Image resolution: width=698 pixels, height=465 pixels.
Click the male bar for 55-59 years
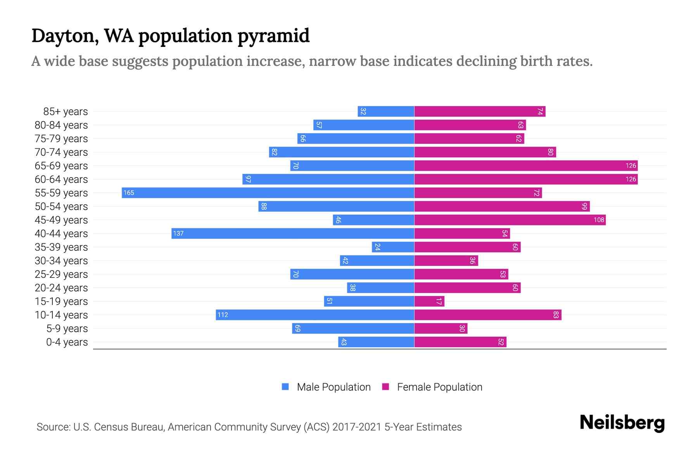coord(268,193)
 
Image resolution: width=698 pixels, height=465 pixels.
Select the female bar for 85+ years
coord(480,111)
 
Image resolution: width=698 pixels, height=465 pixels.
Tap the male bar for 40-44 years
coord(293,233)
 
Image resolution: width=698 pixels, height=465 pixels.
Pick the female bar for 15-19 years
coord(429,301)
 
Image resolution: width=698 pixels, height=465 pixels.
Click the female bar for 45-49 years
coord(510,220)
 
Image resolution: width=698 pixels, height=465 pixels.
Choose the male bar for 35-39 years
coord(393,247)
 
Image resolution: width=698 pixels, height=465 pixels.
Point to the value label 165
coord(129,193)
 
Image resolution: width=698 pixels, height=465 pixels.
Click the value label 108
coord(599,220)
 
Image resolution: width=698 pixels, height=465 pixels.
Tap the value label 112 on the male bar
coord(223,315)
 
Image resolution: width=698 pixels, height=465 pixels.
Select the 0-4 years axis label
coord(67,342)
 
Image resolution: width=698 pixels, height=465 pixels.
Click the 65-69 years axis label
coord(61,166)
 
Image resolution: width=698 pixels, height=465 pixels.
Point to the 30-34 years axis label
coord(61,261)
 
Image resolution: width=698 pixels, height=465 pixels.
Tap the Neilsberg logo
coord(622,423)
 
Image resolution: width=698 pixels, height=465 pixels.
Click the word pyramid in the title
coord(273,36)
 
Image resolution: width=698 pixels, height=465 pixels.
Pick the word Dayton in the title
coord(61,36)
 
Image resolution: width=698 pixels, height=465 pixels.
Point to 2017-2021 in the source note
coord(357,427)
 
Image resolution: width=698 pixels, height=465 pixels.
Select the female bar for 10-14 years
coord(487,315)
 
